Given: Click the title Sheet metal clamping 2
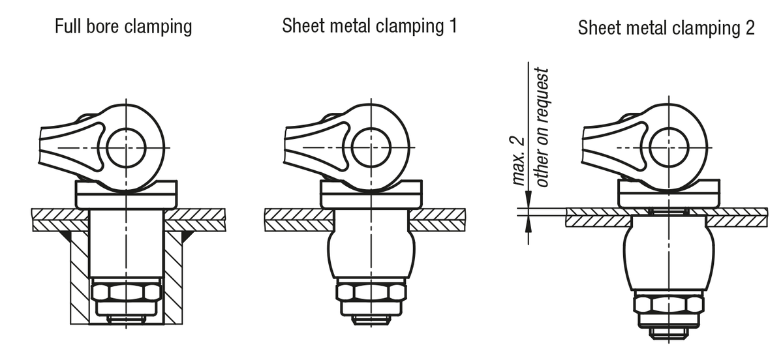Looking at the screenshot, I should tap(666, 28).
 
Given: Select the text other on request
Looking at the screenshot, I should tap(543, 127).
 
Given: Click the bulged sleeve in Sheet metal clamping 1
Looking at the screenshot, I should tap(371, 251).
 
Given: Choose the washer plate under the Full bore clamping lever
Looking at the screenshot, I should tap(127, 194).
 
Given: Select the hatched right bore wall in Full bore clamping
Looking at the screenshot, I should tap(174, 274).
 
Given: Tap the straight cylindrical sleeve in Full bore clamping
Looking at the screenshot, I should tap(127, 245).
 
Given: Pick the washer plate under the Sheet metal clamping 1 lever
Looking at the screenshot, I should tap(371, 194).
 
